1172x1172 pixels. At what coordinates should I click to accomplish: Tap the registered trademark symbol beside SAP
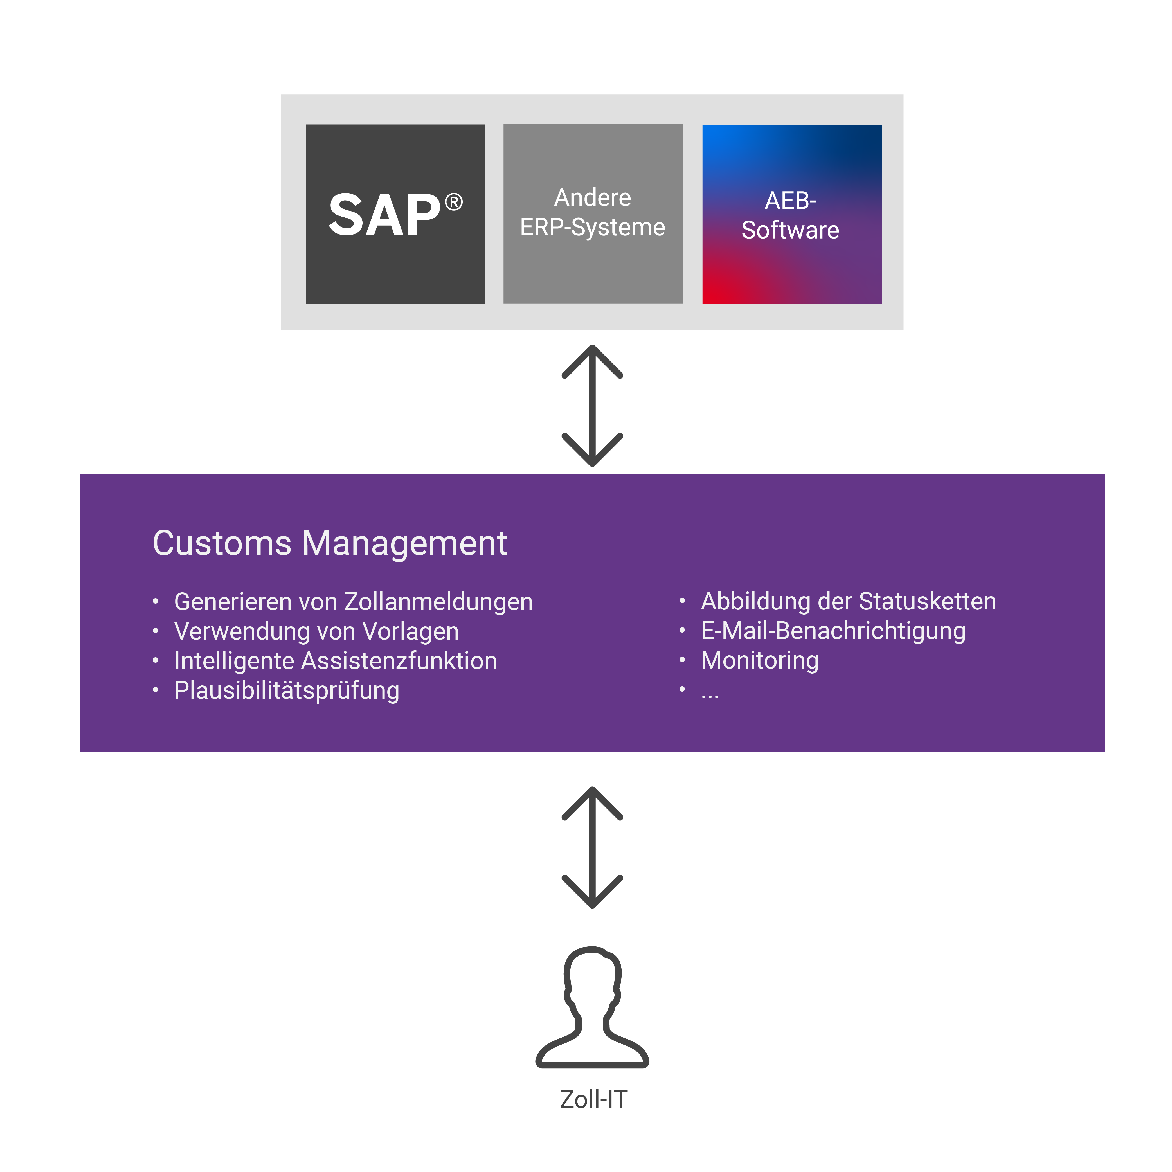[454, 202]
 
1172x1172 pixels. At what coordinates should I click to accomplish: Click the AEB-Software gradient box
[792, 214]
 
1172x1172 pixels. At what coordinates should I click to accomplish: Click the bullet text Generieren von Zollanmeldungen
[353, 602]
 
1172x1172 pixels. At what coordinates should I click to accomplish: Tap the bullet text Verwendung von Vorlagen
[316, 631]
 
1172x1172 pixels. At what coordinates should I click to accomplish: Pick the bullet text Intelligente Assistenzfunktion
[336, 661]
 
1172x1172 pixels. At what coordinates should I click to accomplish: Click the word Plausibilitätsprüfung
[286, 690]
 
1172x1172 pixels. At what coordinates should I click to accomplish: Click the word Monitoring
[759, 661]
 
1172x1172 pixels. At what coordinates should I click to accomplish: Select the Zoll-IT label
[593, 1099]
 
